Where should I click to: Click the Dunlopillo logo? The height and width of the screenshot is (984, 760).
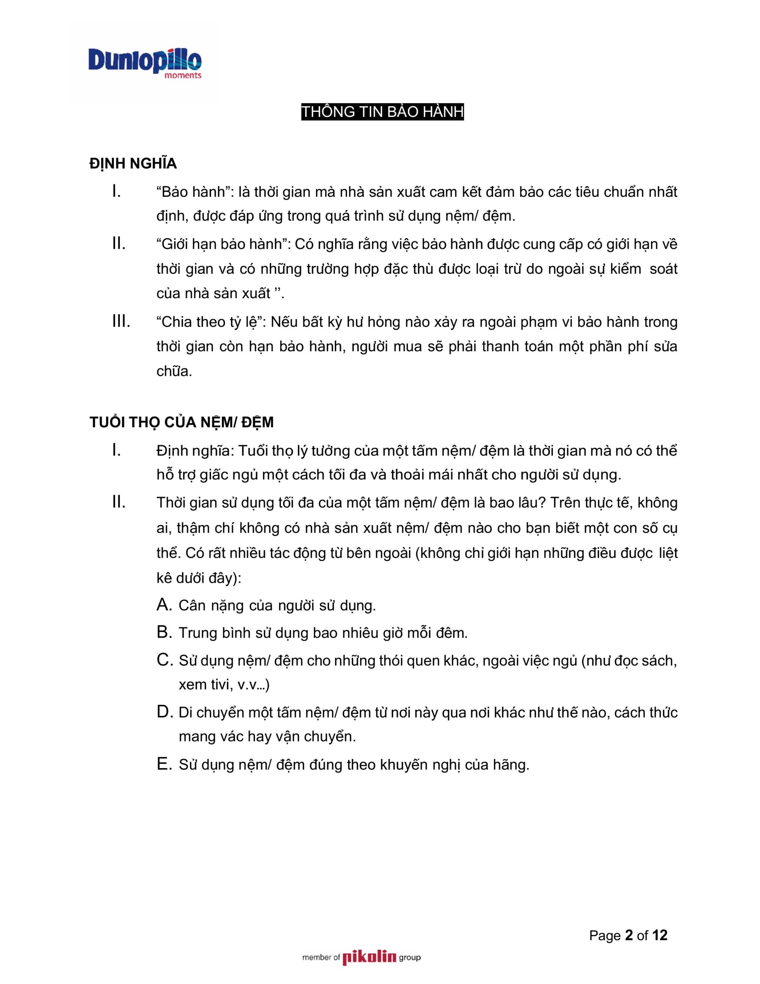[x=144, y=61]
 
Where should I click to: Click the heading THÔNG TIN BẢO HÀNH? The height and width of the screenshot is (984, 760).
[x=382, y=112]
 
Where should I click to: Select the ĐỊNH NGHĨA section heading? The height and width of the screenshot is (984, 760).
[x=133, y=163]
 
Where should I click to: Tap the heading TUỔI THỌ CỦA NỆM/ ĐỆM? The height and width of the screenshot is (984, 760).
[x=182, y=422]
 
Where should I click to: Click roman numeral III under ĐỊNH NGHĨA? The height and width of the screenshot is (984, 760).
[x=121, y=321]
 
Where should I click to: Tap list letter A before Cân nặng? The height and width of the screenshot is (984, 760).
[x=164, y=605]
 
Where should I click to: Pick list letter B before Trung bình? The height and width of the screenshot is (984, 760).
[x=164, y=632]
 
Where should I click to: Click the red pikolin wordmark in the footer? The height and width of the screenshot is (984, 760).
[x=369, y=957]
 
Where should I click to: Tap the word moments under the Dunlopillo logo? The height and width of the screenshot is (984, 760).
[x=183, y=75]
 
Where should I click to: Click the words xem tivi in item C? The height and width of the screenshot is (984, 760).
[x=205, y=685]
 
